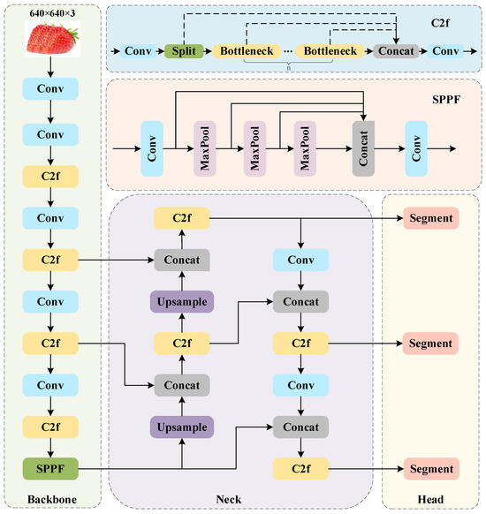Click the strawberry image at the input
53,39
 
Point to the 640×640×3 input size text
53,14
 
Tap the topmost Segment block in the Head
430,218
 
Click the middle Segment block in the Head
430,343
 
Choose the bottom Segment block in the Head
430,468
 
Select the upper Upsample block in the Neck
181,302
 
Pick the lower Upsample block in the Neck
181,427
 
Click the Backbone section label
53,500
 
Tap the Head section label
430,500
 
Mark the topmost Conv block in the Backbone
53,89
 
